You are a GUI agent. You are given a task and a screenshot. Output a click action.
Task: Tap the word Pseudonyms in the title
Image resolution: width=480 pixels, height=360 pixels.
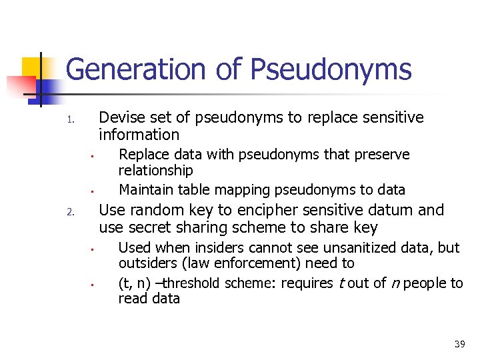331,69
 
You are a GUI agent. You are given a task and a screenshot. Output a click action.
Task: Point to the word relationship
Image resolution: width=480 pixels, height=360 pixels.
155,171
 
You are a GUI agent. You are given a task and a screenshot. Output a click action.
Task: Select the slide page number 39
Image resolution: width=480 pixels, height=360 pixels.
459,344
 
